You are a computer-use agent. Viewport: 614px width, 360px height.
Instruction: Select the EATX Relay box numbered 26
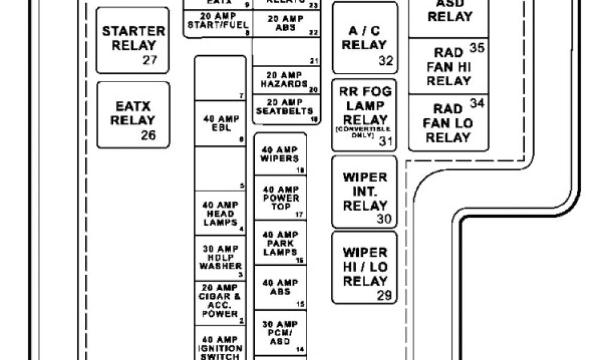coord(133,115)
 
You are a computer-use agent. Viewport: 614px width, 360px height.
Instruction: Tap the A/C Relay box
coord(365,38)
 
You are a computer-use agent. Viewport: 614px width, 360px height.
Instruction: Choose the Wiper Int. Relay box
coord(365,192)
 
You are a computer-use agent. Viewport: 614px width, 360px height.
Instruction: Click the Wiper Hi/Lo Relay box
coord(365,267)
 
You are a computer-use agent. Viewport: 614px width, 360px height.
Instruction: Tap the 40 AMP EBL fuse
coord(219,123)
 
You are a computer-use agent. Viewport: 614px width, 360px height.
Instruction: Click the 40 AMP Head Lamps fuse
coord(219,214)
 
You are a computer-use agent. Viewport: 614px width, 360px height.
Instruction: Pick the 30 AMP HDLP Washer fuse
coord(219,257)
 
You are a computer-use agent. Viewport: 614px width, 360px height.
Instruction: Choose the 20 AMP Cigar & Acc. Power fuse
coord(219,303)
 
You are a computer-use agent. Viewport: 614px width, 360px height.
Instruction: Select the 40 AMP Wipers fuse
coord(280,154)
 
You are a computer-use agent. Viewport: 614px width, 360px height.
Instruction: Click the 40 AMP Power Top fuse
coord(280,198)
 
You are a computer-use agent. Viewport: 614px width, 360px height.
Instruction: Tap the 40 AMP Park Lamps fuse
coord(280,243)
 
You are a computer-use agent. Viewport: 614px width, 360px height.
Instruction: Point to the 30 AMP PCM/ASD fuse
coord(280,332)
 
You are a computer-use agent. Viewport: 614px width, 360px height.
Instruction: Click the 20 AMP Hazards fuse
coord(284,80)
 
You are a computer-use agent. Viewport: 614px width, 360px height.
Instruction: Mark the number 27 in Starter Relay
coord(149,60)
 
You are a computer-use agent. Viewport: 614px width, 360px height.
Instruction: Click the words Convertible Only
coord(363,133)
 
